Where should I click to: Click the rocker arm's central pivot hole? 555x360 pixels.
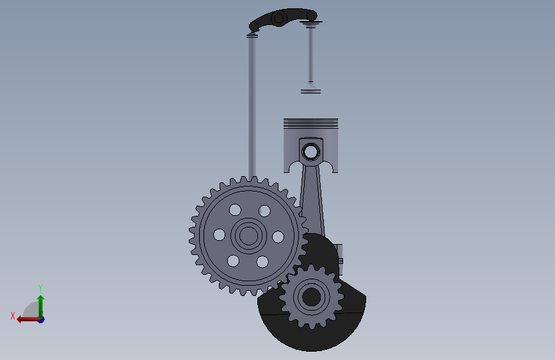click(279, 18)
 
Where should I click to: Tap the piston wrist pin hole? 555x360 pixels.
click(310, 152)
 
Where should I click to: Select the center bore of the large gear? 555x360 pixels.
click(248, 236)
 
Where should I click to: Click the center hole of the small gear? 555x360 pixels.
click(312, 297)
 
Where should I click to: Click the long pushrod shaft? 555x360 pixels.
click(252, 106)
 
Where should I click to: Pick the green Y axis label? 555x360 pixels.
click(40, 288)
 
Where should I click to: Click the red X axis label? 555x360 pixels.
click(13, 316)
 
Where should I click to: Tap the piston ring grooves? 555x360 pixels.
click(310, 123)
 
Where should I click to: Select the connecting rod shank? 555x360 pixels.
click(312, 199)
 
